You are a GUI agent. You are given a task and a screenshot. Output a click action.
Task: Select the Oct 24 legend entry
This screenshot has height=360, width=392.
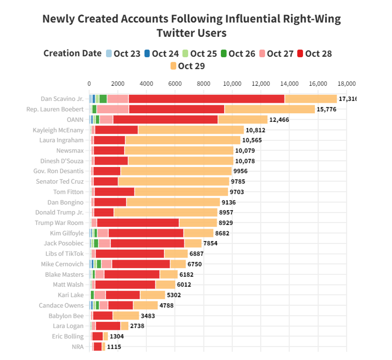click(x=161, y=54)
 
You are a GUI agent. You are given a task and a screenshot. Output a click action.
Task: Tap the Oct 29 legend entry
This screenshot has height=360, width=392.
click(x=188, y=66)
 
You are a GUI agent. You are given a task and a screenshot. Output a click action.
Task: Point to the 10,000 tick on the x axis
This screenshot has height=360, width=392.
click(x=232, y=84)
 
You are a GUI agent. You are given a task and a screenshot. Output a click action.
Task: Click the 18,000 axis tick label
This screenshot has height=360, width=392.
click(x=346, y=84)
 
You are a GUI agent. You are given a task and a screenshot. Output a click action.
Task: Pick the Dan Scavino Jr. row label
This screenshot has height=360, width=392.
click(x=62, y=99)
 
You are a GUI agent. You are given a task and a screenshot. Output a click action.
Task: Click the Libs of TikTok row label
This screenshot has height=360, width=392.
click(x=64, y=253)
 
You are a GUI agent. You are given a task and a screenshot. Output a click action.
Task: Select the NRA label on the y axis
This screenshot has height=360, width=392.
click(x=78, y=346)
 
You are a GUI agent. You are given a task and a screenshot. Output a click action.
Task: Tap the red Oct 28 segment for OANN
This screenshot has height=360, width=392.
click(x=165, y=119)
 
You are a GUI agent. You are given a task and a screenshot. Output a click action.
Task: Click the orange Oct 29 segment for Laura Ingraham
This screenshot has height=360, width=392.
click(x=183, y=140)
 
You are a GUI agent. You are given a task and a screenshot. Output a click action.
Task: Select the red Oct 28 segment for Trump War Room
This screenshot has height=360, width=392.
click(x=138, y=223)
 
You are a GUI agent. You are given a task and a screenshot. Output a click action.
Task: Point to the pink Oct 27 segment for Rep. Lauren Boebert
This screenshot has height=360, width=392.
click(x=112, y=109)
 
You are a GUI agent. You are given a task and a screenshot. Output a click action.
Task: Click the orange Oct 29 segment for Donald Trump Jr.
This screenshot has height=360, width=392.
click(x=166, y=212)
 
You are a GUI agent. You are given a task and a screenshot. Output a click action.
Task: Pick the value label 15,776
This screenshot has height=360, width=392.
click(x=329, y=109)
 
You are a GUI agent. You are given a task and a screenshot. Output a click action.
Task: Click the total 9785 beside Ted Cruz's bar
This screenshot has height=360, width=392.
click(x=238, y=181)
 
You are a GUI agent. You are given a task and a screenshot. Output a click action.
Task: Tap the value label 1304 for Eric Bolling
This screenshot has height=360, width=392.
click(x=116, y=336)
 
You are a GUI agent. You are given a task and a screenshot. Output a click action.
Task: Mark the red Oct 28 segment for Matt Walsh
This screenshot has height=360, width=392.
click(x=125, y=285)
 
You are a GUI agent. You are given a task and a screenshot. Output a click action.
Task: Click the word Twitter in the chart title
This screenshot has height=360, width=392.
click(x=174, y=32)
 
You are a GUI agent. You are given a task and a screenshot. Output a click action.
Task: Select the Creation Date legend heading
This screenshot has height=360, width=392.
click(x=72, y=54)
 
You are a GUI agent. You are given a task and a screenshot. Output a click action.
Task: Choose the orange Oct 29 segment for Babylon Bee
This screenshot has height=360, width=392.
click(x=126, y=316)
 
